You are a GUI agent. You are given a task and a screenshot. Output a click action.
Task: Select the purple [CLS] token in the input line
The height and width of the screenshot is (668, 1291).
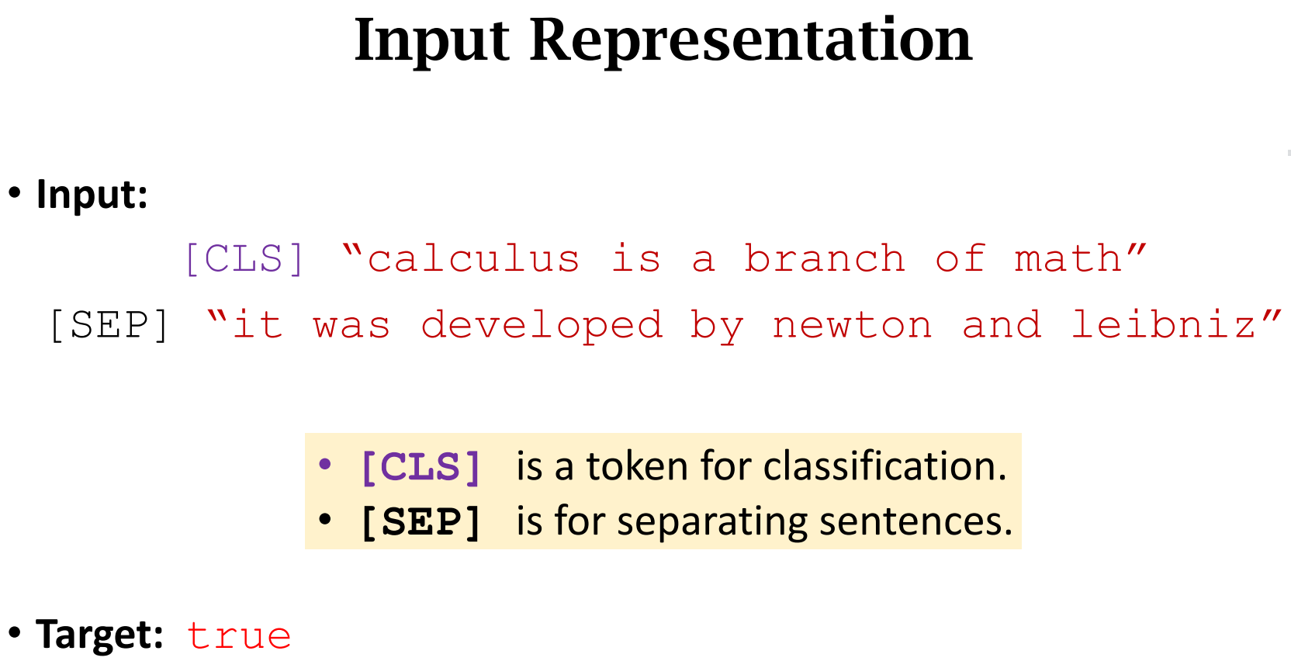(x=244, y=259)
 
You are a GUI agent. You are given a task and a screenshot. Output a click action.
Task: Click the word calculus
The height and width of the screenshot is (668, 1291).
(x=474, y=259)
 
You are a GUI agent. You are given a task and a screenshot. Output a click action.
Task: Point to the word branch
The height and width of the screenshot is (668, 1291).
(x=825, y=259)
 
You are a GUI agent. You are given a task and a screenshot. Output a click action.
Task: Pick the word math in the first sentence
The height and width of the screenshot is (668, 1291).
(x=1068, y=259)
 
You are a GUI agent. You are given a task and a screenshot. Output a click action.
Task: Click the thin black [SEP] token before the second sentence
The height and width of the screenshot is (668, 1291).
(x=109, y=325)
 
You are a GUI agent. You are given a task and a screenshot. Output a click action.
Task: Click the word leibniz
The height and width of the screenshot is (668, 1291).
(x=1163, y=325)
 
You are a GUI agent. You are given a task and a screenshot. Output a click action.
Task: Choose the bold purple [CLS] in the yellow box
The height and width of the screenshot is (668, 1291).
(x=421, y=467)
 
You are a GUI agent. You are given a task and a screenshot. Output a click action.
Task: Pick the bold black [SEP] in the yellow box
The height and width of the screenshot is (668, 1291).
(x=421, y=522)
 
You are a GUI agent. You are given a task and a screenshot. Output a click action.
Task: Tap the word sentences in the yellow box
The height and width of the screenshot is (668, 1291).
(x=915, y=522)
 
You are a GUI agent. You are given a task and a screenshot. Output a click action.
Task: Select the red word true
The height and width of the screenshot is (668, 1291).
(x=239, y=636)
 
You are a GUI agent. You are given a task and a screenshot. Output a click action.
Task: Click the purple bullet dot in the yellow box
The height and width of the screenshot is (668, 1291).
(x=325, y=464)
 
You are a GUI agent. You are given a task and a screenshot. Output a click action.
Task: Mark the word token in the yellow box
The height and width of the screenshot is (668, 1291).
(x=637, y=466)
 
